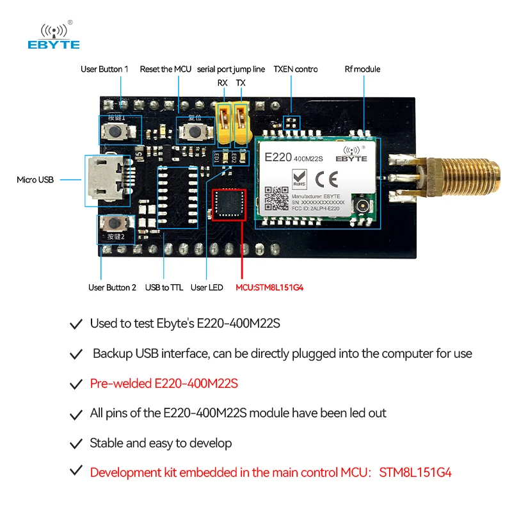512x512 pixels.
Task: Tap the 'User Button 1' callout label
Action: click(104, 69)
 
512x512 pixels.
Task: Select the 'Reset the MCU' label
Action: click(165, 69)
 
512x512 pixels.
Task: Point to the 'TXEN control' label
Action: click(295, 69)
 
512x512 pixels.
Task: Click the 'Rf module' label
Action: click(362, 69)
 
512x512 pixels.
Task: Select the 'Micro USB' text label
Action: click(35, 180)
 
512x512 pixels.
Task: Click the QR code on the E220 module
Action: click(276, 198)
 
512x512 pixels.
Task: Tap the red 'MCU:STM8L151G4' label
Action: click(269, 287)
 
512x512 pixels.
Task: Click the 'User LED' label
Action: click(207, 287)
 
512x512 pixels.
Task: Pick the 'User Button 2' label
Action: click(112, 287)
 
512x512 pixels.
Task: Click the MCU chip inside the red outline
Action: click(228, 203)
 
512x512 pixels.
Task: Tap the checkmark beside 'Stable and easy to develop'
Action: click(76, 444)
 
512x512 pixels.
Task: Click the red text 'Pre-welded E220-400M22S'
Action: click(164, 384)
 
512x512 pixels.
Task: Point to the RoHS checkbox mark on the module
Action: click(299, 175)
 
